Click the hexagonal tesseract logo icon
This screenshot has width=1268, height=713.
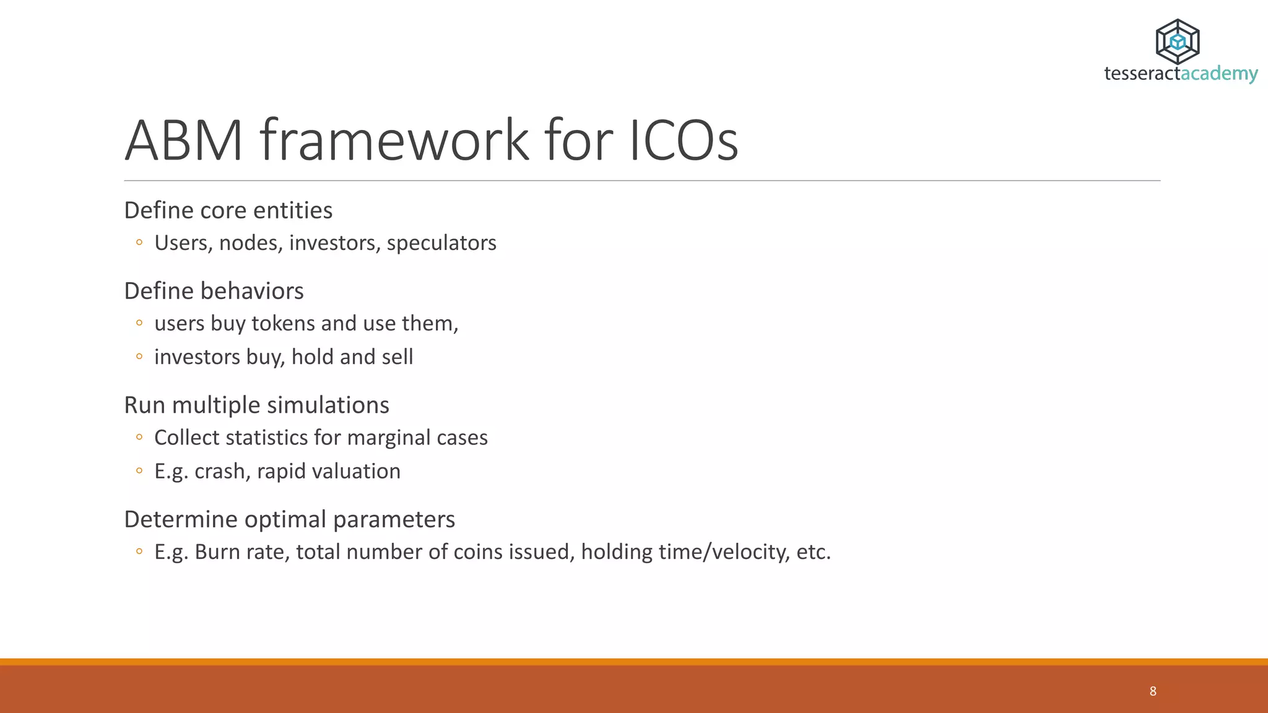click(1178, 41)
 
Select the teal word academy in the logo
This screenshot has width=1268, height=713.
click(1219, 74)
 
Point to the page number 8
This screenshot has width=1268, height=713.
click(1153, 691)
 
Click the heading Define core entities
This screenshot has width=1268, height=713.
click(228, 210)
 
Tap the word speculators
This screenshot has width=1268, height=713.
click(441, 243)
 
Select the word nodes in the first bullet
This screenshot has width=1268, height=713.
click(251, 243)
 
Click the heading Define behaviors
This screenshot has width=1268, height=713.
click(214, 291)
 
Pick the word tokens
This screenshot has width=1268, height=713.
click(283, 324)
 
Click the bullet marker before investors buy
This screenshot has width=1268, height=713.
click(139, 356)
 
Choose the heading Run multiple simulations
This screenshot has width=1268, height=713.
click(256, 405)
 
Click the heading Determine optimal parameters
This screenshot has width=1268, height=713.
click(289, 519)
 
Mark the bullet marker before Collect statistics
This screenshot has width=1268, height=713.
click(139, 438)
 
